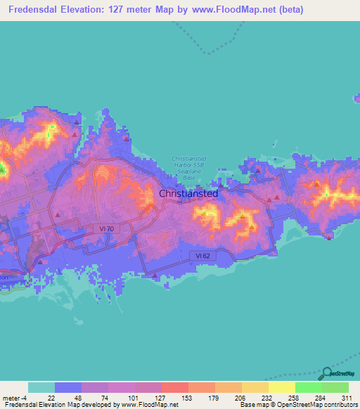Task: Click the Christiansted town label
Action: coord(188,193)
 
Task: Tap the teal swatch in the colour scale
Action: coord(41,387)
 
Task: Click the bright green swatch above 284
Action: coord(309,387)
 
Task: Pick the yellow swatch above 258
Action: coord(282,387)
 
